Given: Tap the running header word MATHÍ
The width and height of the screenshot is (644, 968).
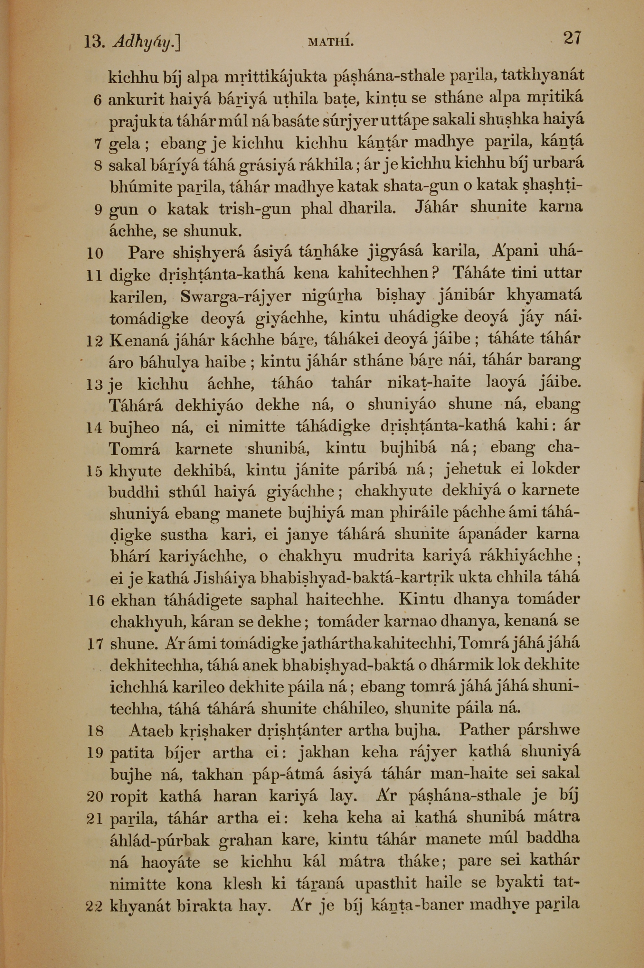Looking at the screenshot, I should (x=331, y=42).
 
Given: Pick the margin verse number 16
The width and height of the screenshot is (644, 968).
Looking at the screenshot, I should (x=96, y=601).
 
